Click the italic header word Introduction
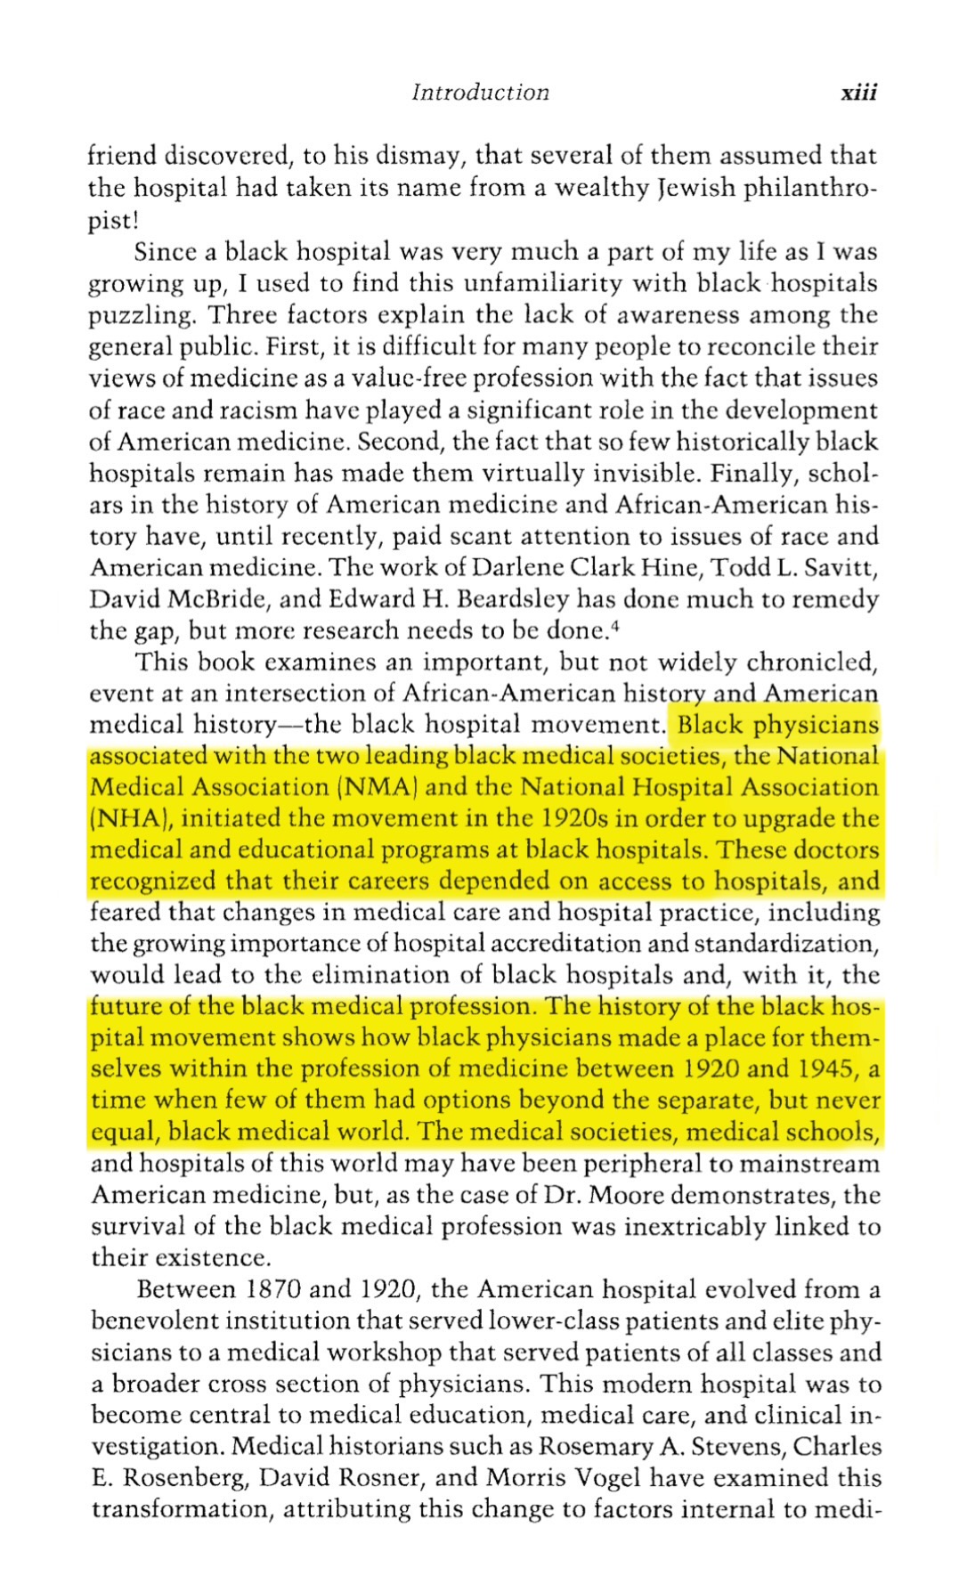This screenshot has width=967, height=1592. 480,93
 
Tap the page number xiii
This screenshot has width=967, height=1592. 858,93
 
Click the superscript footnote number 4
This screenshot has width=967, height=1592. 616,625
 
